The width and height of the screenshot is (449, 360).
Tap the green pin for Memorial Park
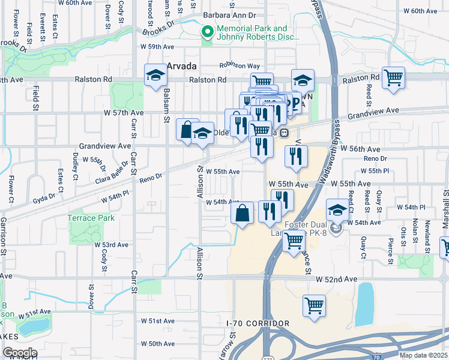(207, 32)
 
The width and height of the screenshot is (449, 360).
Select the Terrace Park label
(91, 218)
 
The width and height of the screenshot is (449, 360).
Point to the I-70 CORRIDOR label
(258, 323)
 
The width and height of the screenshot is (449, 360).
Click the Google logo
(19, 353)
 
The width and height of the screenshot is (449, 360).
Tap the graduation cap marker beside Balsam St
(155, 76)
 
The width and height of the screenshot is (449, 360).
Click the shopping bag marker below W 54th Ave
(242, 213)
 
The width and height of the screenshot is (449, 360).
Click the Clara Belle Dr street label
(111, 172)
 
